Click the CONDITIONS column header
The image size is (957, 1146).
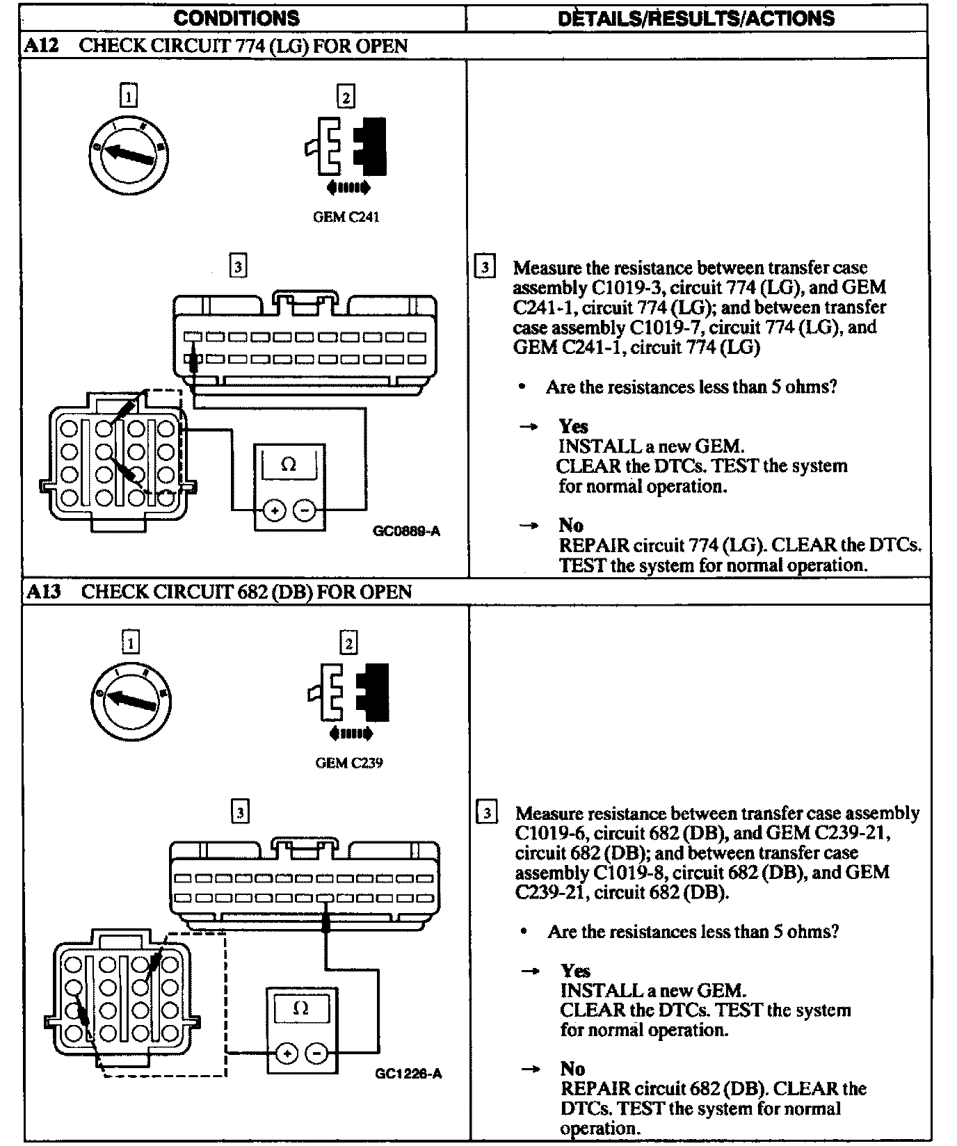point(236,18)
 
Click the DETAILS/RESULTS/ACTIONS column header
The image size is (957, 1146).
point(696,18)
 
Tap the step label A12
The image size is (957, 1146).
point(42,46)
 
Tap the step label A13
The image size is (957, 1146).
point(43,592)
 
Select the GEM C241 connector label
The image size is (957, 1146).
point(346,217)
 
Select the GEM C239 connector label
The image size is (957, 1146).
point(349,763)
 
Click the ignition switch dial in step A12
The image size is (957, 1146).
point(129,154)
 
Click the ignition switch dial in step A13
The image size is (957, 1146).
point(131,700)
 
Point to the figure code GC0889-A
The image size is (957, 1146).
point(407,531)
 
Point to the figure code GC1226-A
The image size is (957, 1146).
point(408,1074)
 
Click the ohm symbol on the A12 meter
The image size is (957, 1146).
point(289,465)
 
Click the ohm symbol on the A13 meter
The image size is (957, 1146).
point(301,1008)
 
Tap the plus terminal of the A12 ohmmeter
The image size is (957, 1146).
point(275,511)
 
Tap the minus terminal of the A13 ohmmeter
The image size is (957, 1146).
point(316,1054)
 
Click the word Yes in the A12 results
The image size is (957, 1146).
point(573,426)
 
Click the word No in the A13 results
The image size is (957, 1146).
point(572,1068)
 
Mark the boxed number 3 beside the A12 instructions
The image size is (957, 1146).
point(485,267)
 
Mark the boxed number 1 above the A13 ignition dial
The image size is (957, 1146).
point(130,643)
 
